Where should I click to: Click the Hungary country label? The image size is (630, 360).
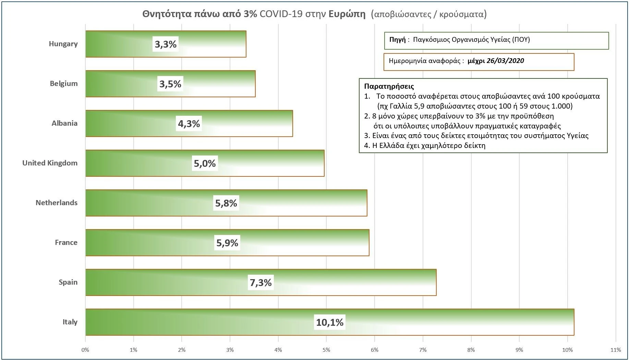point(63,44)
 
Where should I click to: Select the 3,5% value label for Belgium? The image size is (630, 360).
point(170,84)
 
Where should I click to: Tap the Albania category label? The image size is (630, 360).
point(64,123)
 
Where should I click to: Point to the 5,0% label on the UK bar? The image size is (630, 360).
point(205,163)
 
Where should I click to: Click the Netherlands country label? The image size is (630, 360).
point(57,203)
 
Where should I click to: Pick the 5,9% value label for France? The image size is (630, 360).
point(227,243)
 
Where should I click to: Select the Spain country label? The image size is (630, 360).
point(68,282)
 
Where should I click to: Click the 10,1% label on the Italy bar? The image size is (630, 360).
point(330,322)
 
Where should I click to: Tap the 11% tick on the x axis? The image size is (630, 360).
point(616,350)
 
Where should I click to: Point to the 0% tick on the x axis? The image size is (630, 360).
point(85,350)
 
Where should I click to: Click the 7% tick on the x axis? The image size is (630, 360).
point(423,350)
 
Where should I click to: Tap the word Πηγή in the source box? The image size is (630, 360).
point(397,39)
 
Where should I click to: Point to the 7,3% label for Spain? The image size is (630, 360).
point(261,283)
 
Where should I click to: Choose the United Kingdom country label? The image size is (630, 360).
point(50,163)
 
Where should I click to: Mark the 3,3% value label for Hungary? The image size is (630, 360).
point(166,44)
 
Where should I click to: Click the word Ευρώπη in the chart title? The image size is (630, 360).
point(347,14)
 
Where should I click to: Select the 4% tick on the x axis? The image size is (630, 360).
point(278,350)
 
